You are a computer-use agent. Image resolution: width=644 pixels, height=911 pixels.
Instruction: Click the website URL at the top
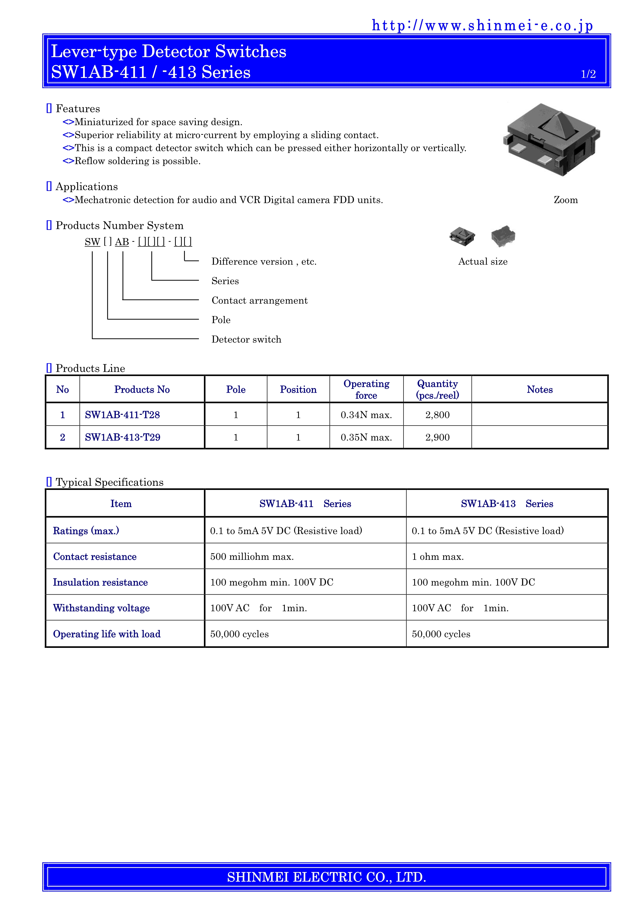point(482,25)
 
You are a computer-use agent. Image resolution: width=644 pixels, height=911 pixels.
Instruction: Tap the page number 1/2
point(588,74)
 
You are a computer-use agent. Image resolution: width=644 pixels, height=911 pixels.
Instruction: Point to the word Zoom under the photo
point(566,200)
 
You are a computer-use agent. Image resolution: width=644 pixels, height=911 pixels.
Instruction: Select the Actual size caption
point(482,262)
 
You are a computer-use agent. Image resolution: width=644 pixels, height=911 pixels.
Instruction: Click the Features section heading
point(78,109)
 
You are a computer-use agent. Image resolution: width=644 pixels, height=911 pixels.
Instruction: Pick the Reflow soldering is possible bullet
point(137,161)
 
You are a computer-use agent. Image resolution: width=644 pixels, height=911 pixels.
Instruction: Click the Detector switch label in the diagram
point(246,340)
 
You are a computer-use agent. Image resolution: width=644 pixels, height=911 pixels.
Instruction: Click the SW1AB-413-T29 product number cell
point(123,437)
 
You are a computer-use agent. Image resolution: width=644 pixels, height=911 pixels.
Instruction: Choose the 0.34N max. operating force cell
point(366,415)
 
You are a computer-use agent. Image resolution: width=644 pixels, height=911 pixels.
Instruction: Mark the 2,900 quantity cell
point(437,437)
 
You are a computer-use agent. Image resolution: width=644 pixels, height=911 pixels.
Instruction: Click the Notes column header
point(539,390)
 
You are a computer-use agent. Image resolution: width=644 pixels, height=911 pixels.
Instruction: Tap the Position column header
point(298,390)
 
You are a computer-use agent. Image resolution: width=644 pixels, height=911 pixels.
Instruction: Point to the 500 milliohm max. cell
point(252,557)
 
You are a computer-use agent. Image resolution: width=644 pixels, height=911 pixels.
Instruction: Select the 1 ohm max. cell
point(437,557)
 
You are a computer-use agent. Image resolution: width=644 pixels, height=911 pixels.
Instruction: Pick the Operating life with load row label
point(107,634)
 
